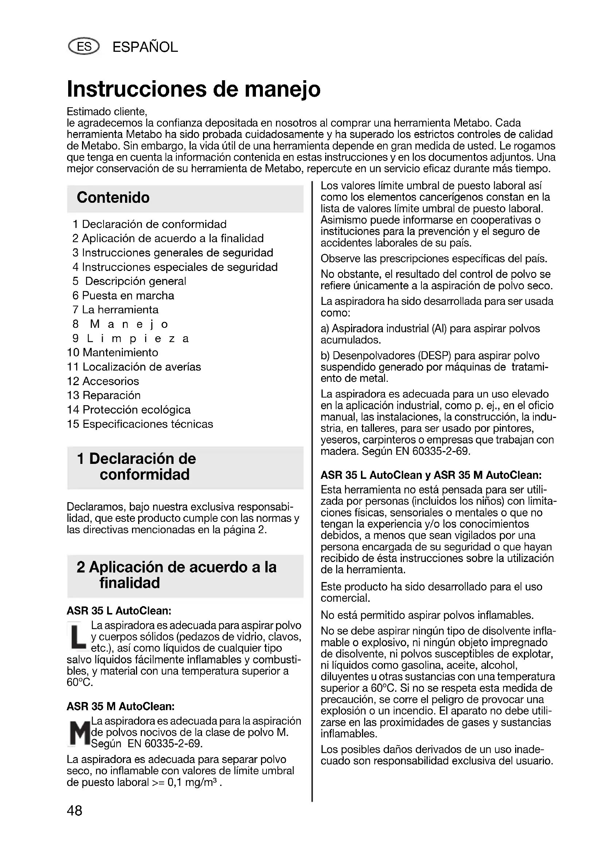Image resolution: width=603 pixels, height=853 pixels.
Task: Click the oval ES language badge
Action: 84,47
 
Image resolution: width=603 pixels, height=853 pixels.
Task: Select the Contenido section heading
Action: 113,198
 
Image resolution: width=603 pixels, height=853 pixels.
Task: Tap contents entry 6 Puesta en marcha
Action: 123,296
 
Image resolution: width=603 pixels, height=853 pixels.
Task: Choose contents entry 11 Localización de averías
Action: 134,367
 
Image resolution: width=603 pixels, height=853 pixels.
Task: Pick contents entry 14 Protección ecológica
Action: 129,410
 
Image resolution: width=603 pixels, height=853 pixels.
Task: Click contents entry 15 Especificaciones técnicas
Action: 140,424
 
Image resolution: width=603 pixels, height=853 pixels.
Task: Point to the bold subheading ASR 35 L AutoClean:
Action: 119,611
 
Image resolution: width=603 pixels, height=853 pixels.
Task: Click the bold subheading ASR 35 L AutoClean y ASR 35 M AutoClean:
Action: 431,475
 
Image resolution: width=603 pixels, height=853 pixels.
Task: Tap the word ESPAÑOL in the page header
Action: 145,47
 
